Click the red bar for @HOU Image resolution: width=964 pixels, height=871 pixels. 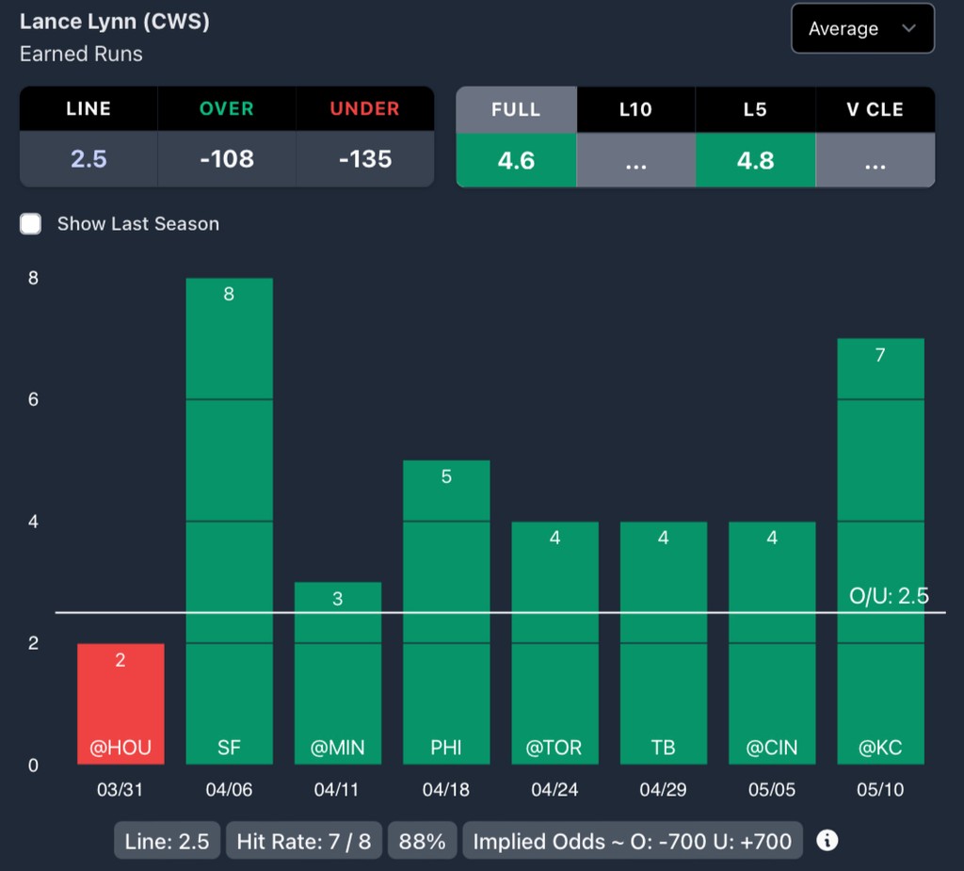[120, 703]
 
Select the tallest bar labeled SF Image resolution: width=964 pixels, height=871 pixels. [229, 521]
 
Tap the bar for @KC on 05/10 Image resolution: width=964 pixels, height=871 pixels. [880, 551]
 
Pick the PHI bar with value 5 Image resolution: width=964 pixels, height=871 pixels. [446, 612]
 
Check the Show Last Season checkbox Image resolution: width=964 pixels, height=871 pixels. [31, 224]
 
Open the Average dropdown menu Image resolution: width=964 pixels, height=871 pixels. [862, 28]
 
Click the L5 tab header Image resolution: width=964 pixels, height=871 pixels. [755, 109]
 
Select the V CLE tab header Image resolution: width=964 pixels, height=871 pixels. [875, 109]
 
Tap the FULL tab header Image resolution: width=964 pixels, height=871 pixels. [516, 109]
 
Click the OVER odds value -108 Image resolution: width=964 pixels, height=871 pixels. [227, 159]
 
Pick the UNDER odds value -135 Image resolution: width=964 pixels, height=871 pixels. [365, 159]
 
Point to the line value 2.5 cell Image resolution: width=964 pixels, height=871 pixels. [88, 159]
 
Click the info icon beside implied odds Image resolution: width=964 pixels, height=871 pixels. [827, 840]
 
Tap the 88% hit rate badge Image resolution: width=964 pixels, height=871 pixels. [422, 841]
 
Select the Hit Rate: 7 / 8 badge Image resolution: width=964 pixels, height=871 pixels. [304, 841]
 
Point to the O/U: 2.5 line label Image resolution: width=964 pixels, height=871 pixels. [889, 596]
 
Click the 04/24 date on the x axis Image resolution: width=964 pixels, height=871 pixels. [554, 790]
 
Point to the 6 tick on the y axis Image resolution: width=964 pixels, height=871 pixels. [34, 399]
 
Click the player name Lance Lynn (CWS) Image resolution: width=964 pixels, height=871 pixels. [114, 22]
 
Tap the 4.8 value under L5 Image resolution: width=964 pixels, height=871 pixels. [755, 160]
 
